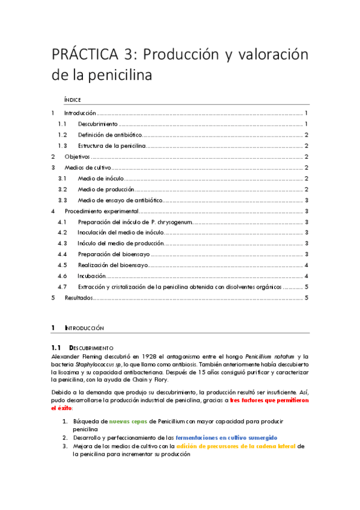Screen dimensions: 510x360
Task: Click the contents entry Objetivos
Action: [x=78, y=156]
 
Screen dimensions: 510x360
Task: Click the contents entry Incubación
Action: [x=92, y=275]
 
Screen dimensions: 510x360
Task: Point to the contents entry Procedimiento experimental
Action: [x=102, y=211]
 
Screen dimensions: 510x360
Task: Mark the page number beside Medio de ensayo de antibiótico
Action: [x=307, y=200]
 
